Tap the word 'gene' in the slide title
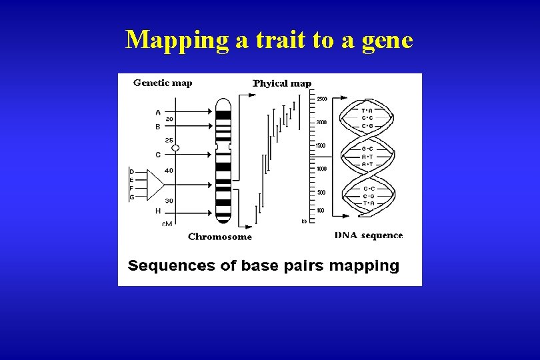[387, 40]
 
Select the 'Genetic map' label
[163, 83]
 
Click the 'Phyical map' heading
[282, 83]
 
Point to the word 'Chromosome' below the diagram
[220, 237]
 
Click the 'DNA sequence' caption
[369, 235]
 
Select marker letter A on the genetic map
[158, 112]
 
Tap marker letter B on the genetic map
[158, 126]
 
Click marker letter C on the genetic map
[158, 155]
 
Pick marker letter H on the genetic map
[158, 211]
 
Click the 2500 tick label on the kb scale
[322, 99]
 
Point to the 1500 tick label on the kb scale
[321, 145]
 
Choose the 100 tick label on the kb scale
[320, 211]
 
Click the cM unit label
[167, 224]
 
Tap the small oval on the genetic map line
[175, 148]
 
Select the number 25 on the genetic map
[169, 141]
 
